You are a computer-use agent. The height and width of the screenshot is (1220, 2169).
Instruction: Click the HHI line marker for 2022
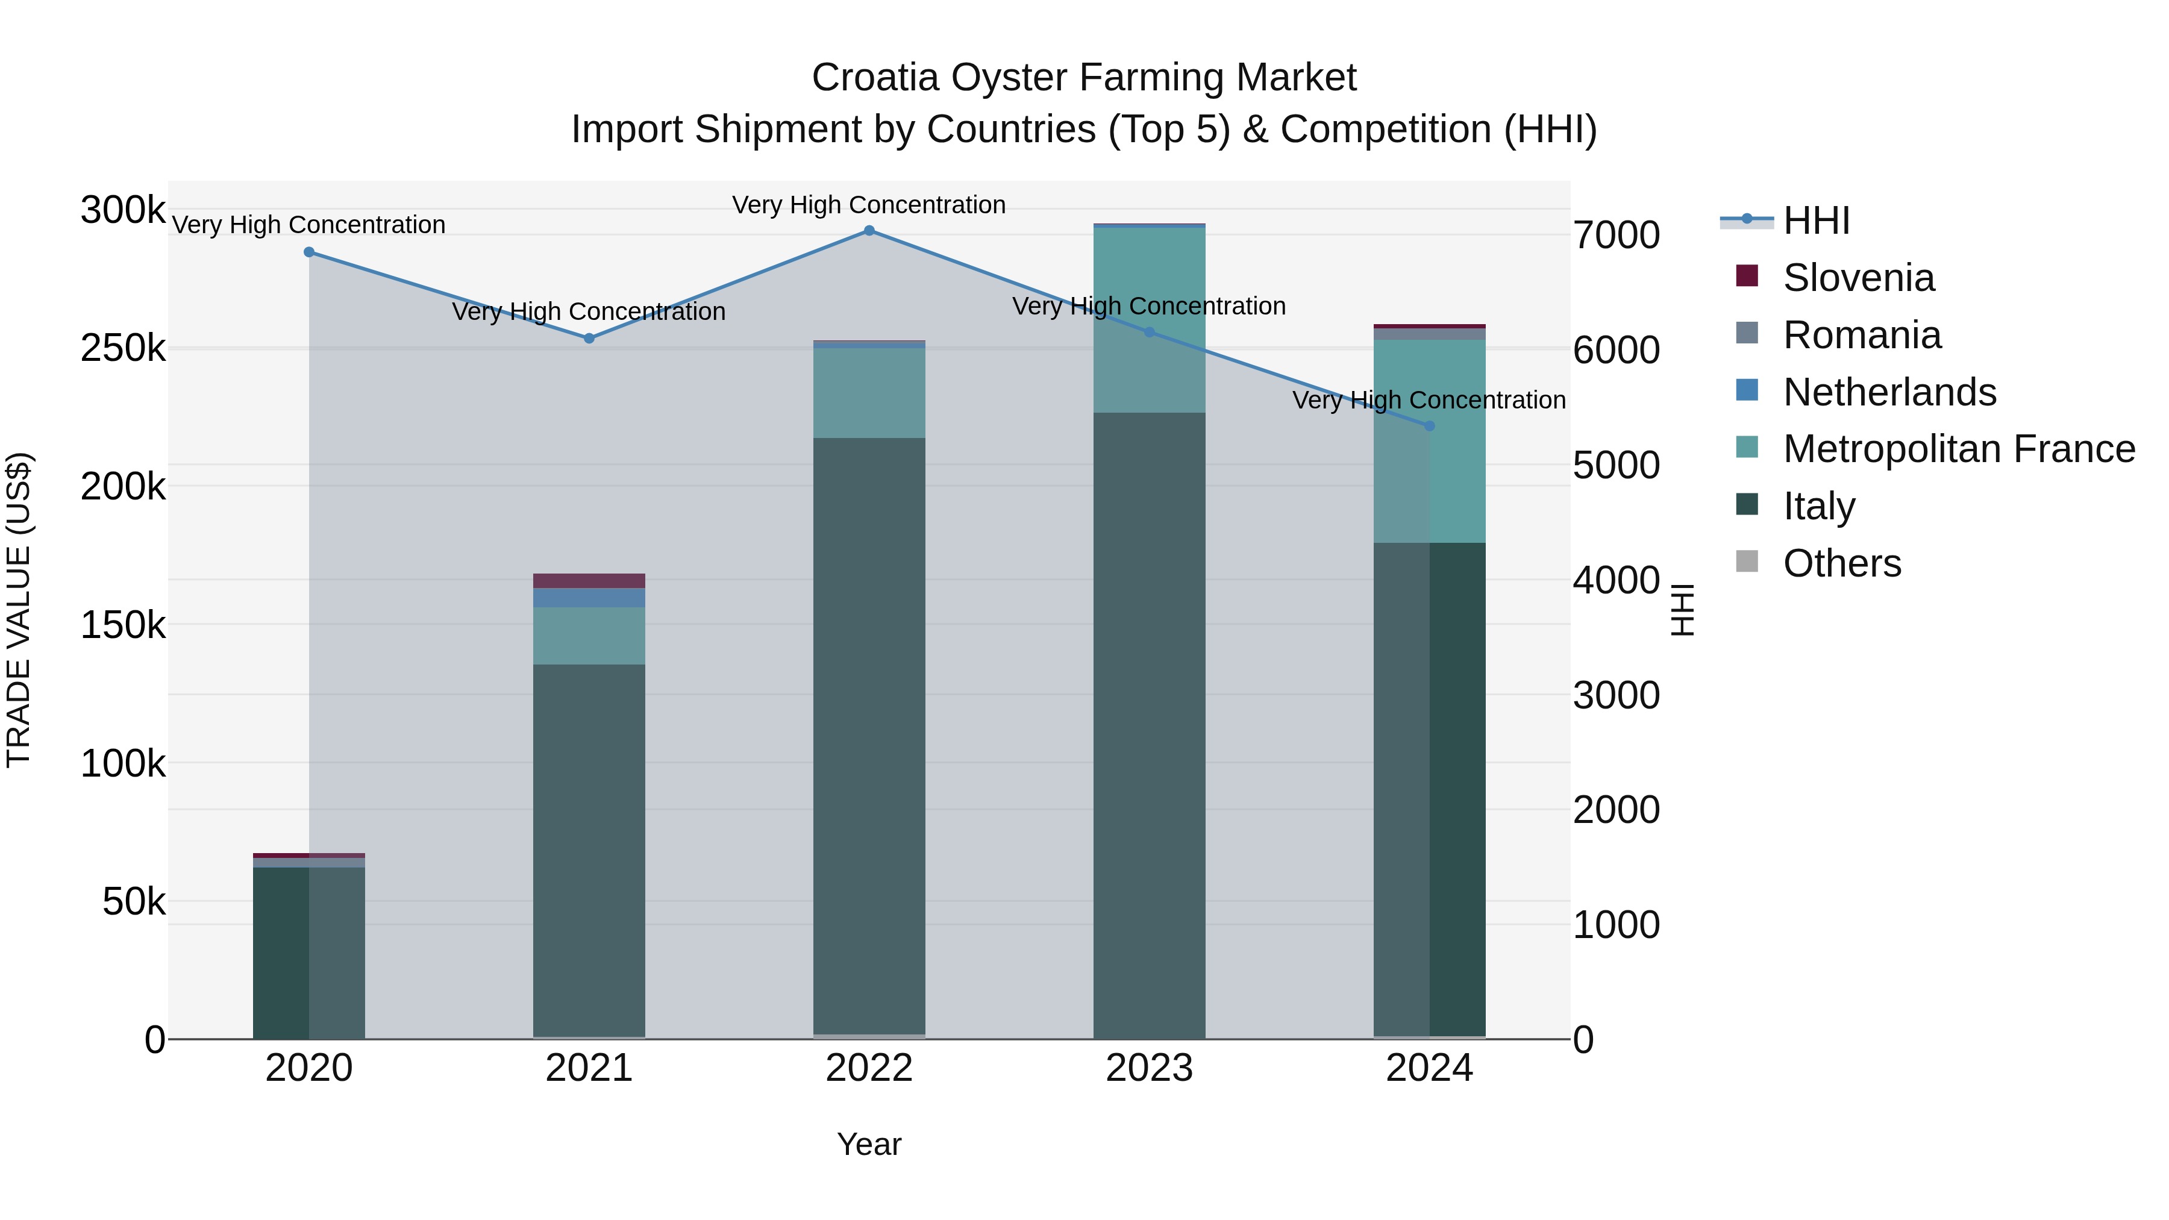869,231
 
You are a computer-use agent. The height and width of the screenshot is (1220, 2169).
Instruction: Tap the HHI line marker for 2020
309,252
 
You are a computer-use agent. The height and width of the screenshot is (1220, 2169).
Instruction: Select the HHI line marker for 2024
1429,426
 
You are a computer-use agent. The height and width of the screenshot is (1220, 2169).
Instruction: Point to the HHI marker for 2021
589,339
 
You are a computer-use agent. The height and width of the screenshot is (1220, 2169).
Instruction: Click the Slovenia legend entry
1858,278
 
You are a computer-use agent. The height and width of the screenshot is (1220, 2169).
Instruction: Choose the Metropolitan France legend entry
1959,449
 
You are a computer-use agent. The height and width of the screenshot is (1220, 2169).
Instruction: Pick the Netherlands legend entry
1889,392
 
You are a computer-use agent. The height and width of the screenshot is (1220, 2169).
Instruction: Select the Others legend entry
1841,563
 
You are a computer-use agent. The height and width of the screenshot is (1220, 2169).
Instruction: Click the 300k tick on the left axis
123,210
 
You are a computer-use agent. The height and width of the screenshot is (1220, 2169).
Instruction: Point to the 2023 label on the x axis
1148,1068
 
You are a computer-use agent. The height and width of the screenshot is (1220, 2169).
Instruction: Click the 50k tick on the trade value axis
134,902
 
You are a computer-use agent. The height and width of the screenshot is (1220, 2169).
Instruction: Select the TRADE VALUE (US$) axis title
19,610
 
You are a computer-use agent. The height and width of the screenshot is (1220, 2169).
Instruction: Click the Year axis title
869,1144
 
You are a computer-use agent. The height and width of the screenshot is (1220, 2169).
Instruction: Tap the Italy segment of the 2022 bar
869,733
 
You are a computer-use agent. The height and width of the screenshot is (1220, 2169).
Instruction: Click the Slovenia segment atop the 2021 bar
589,581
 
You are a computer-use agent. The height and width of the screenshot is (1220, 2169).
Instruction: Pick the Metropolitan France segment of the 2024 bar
1429,442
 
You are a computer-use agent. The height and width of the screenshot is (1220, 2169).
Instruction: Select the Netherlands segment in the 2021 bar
589,598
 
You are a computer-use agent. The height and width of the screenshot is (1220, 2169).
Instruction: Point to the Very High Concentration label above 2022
869,205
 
